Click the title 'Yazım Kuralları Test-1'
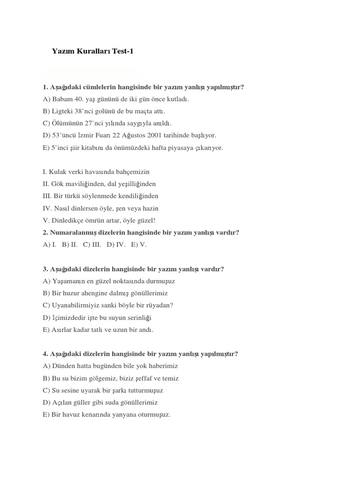[x=92, y=52]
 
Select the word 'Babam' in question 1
[x=61, y=99]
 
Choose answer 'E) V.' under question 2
[x=140, y=244]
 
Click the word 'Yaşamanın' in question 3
[x=68, y=281]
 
